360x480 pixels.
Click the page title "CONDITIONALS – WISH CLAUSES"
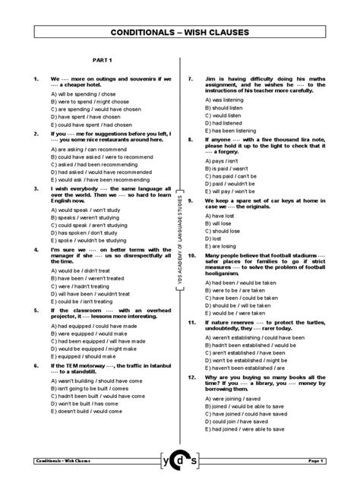179,34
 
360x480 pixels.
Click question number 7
191,79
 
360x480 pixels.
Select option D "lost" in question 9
213,238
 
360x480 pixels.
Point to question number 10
193,256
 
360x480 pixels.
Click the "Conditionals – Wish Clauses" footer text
65,460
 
